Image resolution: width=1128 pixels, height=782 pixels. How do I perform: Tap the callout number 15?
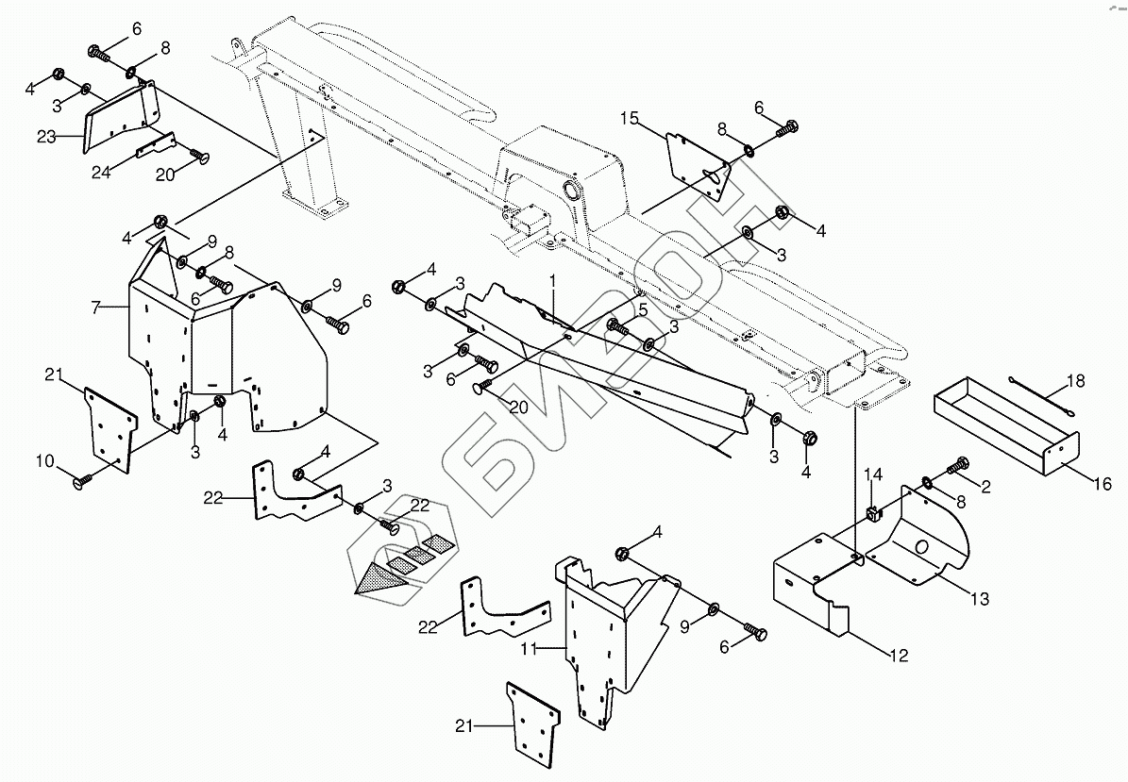(x=630, y=118)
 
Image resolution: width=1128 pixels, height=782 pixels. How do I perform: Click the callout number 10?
(x=45, y=461)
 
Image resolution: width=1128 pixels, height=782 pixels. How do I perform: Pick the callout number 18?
(x=1075, y=381)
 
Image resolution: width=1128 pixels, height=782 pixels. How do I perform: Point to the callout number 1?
(x=553, y=280)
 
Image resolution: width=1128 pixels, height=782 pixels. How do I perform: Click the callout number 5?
(x=642, y=308)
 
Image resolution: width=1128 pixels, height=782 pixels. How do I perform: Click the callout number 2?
(x=985, y=486)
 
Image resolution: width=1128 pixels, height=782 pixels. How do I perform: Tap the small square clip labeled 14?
(x=872, y=513)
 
